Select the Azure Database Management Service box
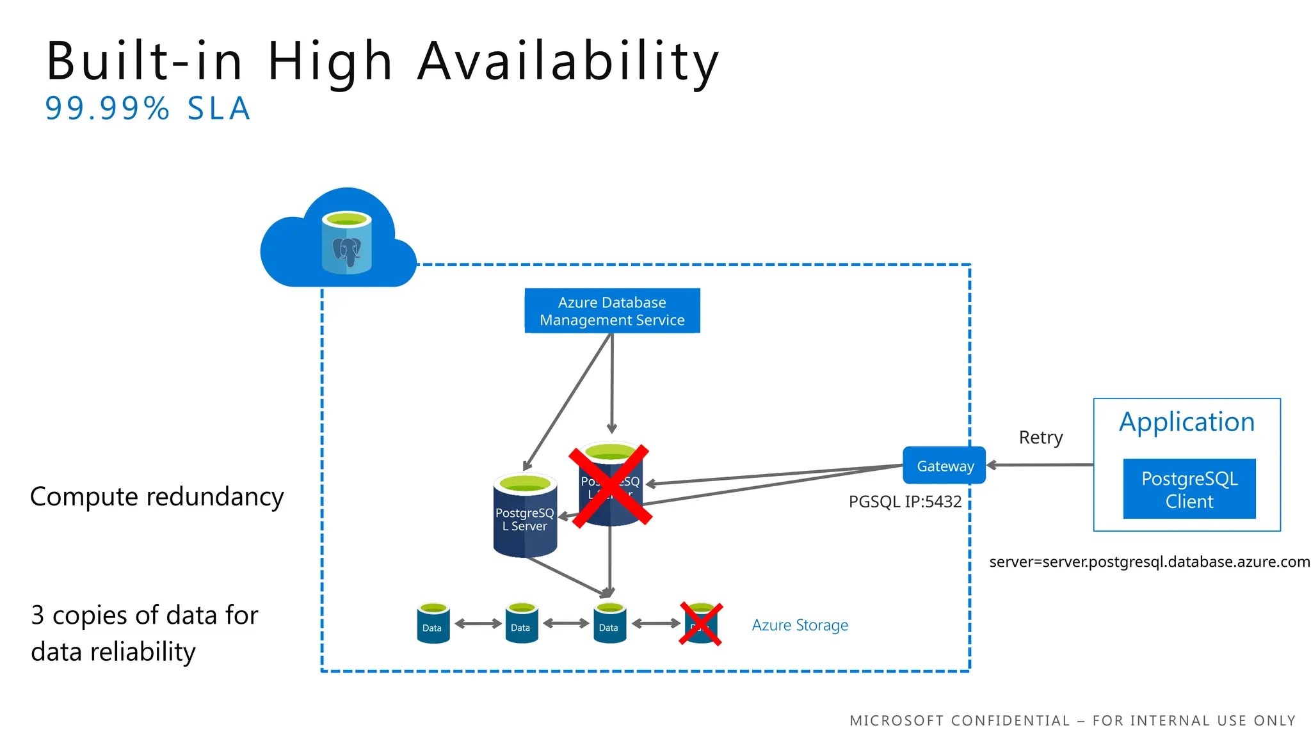click(x=612, y=311)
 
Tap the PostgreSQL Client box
click(x=1189, y=489)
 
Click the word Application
click(x=1186, y=422)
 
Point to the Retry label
click(x=1040, y=438)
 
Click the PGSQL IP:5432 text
click(x=905, y=502)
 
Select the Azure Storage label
click(x=800, y=625)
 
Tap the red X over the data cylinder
click(x=700, y=624)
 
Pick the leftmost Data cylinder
click(x=433, y=624)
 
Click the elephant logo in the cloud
click(x=346, y=251)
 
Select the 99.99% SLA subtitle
click(x=148, y=109)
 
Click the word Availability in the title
click(x=568, y=61)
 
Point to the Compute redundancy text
click(x=157, y=497)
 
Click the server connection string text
click(x=1149, y=562)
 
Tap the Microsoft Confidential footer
click(x=1072, y=721)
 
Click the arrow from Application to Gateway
click(x=1040, y=465)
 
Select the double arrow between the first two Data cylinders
click(x=478, y=623)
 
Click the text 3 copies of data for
click(x=145, y=615)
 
